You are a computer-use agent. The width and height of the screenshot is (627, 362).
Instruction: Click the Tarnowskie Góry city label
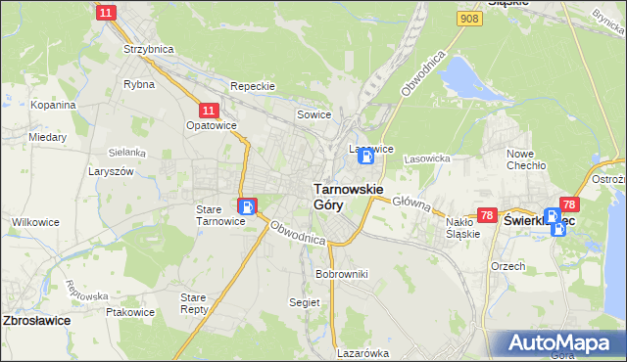347,196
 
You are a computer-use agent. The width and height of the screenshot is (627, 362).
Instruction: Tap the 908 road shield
469,19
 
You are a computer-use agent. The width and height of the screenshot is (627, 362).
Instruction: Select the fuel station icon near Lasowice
365,157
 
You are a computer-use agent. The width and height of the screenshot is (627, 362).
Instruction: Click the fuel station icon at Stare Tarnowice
246,206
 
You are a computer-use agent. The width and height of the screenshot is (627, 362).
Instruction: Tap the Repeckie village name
253,86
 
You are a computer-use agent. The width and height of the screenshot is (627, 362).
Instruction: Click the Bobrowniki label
341,274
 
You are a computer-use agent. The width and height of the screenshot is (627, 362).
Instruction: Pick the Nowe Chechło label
526,159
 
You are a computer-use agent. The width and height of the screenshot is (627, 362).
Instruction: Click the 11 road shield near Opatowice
208,112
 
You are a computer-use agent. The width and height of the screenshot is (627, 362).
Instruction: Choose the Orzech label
508,266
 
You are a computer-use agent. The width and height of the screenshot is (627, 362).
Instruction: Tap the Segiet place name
305,302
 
